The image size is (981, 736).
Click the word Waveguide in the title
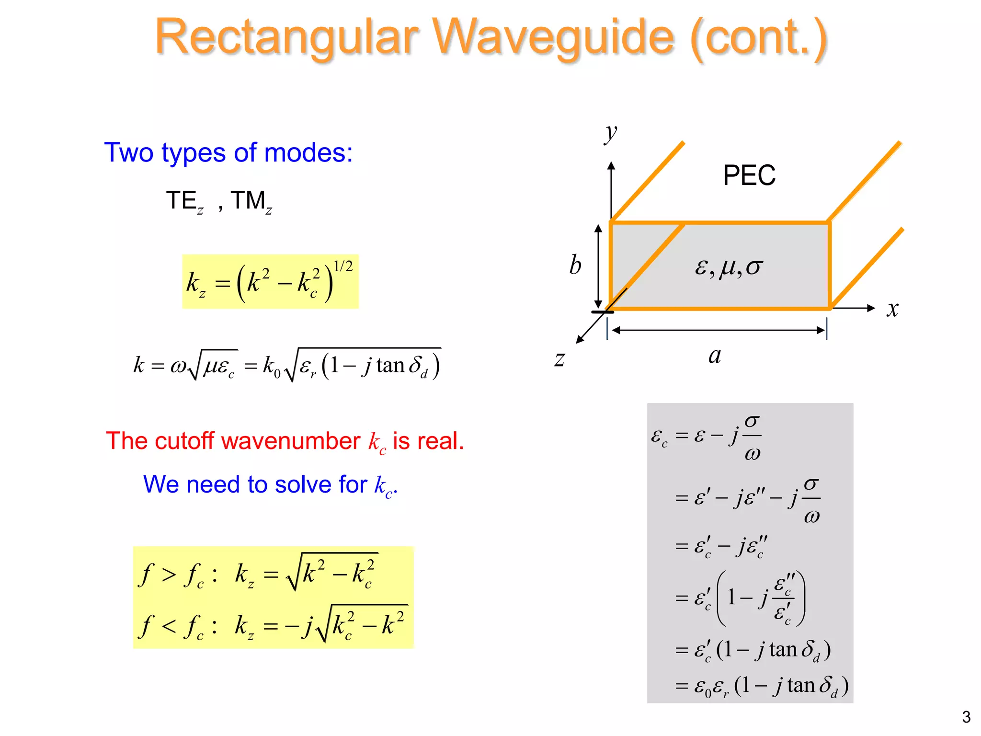click(x=553, y=37)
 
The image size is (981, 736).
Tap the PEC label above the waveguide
click(x=749, y=175)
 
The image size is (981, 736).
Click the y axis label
click(x=611, y=134)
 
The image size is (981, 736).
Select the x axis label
click(x=892, y=309)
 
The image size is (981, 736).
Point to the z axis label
click(x=559, y=359)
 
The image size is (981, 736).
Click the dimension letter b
click(x=575, y=265)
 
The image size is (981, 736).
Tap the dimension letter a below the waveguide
click(x=715, y=356)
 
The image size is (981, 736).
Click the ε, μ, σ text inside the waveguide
click(x=728, y=267)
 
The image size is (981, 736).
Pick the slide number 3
click(x=966, y=717)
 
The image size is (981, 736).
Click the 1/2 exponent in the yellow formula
click(x=343, y=266)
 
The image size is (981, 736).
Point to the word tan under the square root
click(x=390, y=366)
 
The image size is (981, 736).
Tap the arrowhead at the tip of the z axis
click(x=580, y=340)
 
